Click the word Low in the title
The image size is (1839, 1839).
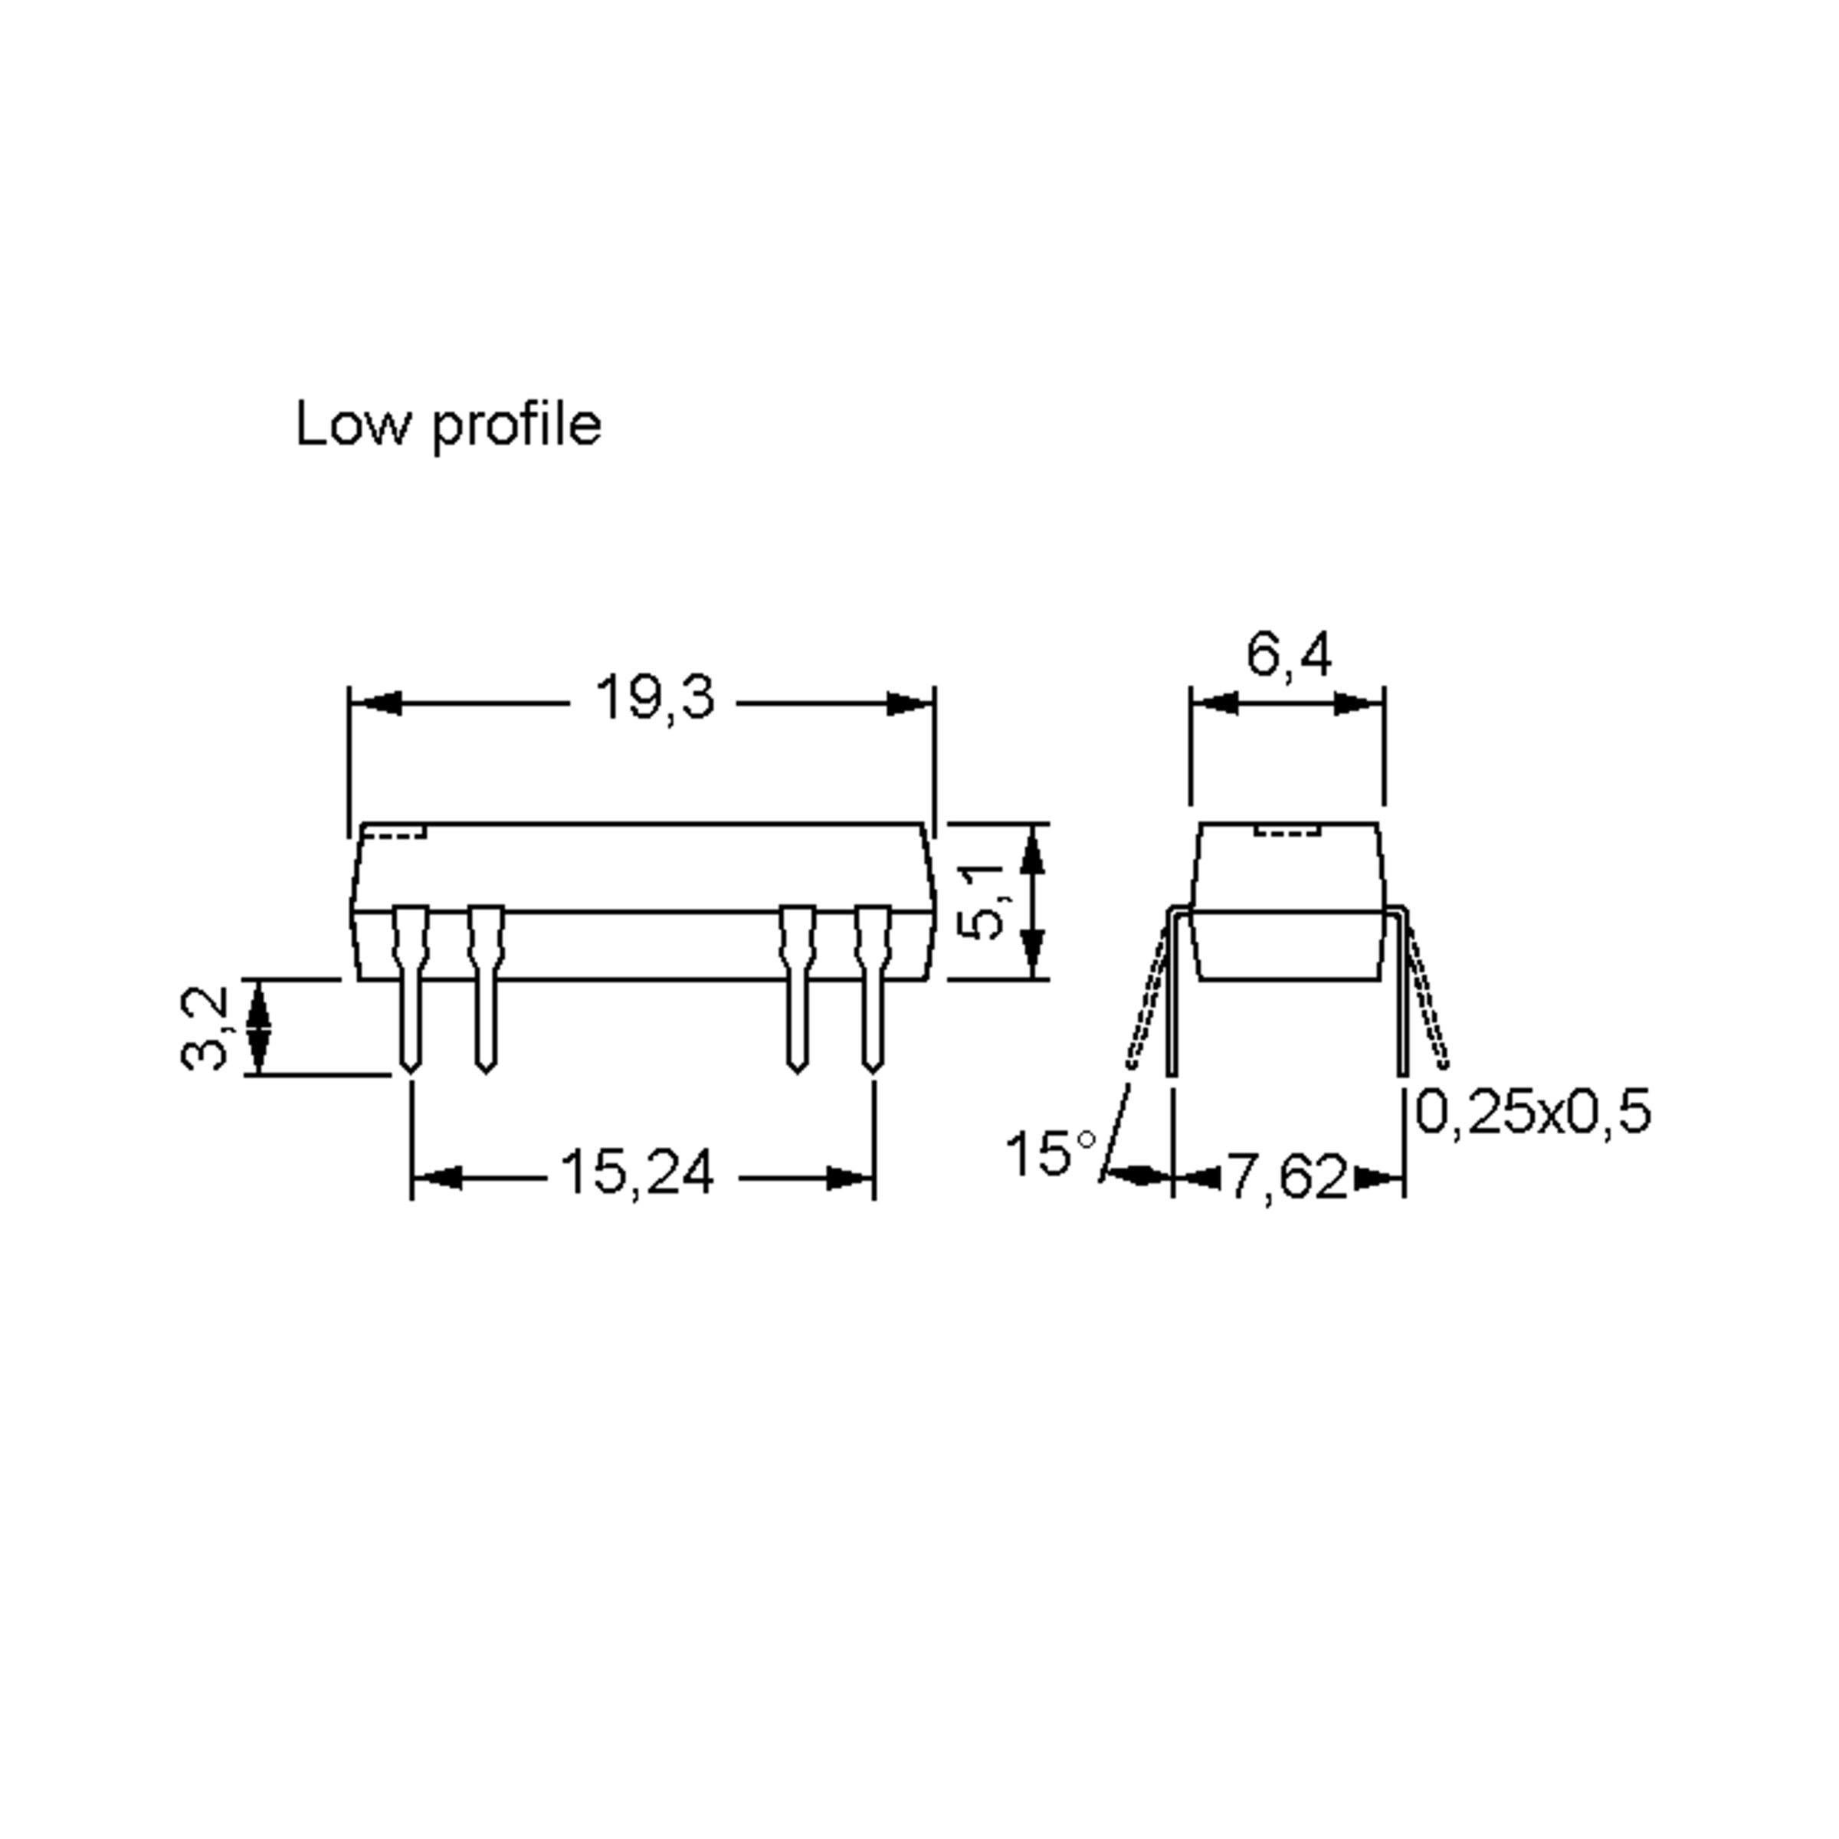pyautogui.click(x=349, y=425)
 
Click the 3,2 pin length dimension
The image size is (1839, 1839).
pyautogui.click(x=205, y=1029)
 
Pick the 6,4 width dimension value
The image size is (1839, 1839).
pyautogui.click(x=1289, y=655)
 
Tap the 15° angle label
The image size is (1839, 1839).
pyautogui.click(x=1050, y=1154)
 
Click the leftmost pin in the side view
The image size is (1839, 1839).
pyautogui.click(x=410, y=990)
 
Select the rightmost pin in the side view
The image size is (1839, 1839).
pyautogui.click(x=872, y=990)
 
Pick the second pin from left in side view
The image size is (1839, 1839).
pyautogui.click(x=486, y=990)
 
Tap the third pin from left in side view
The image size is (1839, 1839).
pyautogui.click(x=797, y=990)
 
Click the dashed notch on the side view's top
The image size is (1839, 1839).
pyautogui.click(x=394, y=834)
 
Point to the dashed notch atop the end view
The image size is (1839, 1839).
pyautogui.click(x=1289, y=833)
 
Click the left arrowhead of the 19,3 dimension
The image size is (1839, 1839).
pyautogui.click(x=375, y=704)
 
